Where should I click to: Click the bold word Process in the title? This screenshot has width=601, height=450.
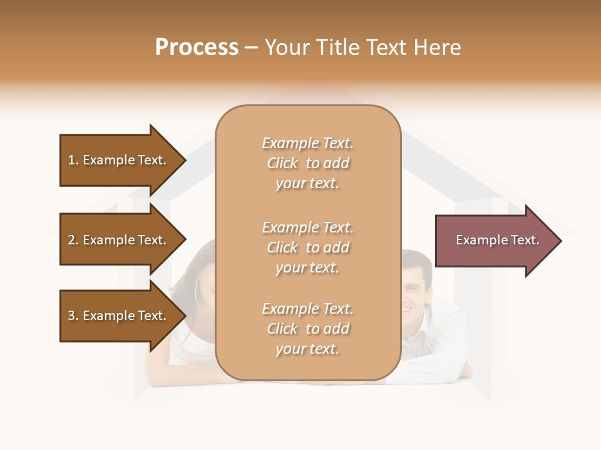click(x=197, y=47)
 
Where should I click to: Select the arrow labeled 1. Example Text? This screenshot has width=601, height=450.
click(x=119, y=160)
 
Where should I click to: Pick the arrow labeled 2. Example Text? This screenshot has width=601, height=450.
click(x=119, y=240)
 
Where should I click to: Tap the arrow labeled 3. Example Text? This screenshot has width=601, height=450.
click(x=119, y=316)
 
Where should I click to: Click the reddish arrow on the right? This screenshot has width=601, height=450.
click(x=495, y=241)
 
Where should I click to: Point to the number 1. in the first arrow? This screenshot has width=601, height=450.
click(x=73, y=160)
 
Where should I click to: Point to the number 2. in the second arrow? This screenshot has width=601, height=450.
click(x=73, y=240)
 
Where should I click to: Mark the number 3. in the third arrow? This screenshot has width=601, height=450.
click(x=73, y=316)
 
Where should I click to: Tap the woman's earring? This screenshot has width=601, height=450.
click(x=197, y=289)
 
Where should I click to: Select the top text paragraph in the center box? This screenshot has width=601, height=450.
click(x=307, y=163)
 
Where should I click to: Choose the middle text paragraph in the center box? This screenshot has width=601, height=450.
click(x=307, y=247)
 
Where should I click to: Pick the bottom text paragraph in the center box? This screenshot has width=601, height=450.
click(x=307, y=329)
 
